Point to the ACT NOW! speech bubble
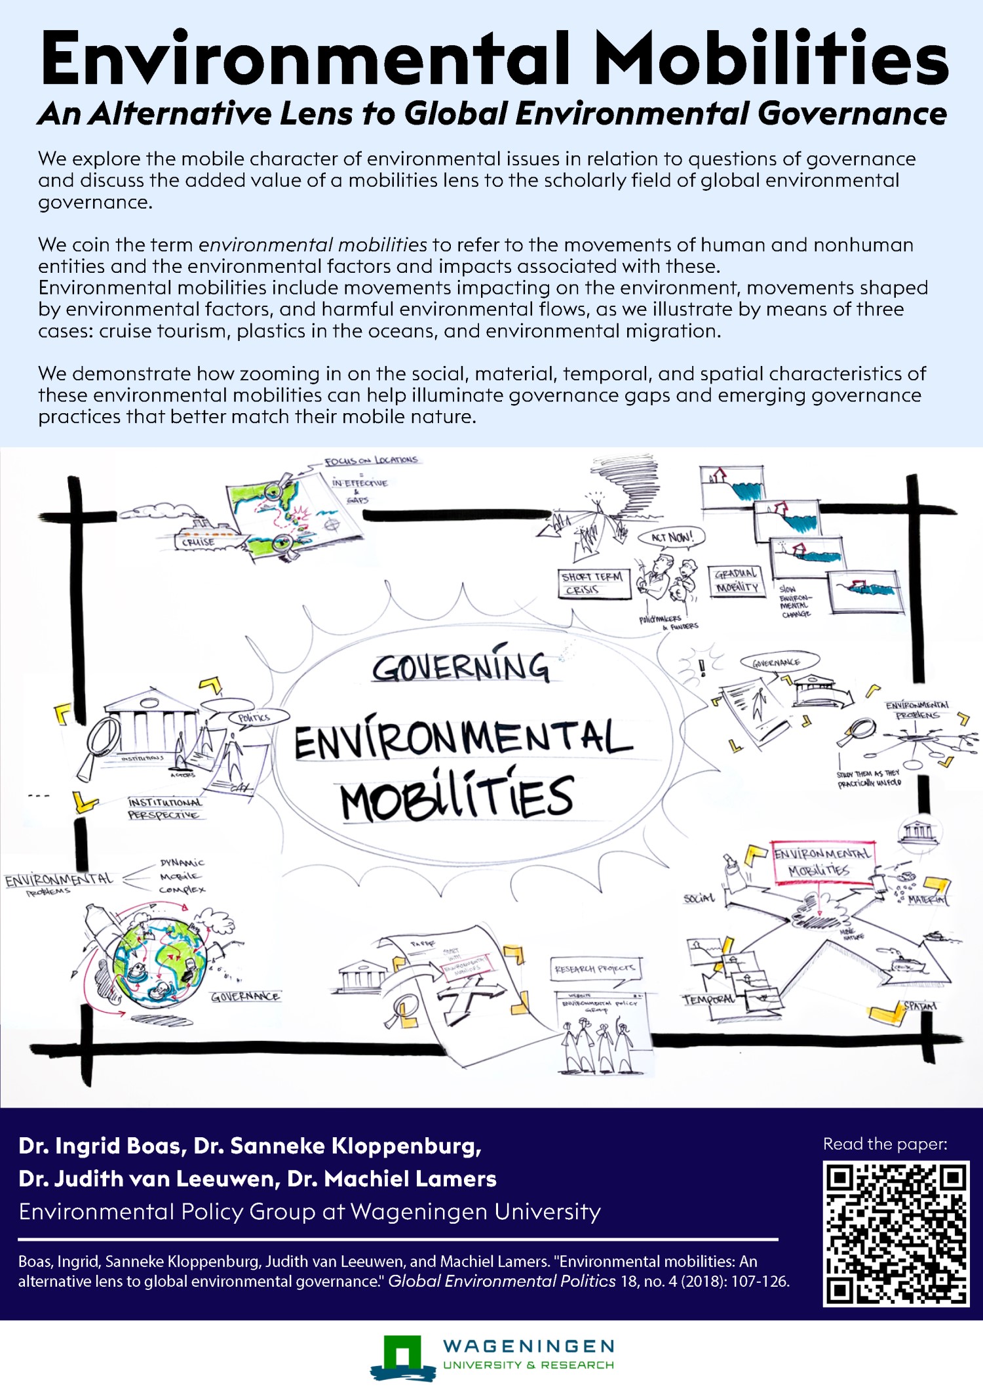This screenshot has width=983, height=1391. (672, 537)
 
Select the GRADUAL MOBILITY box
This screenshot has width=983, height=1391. (737, 581)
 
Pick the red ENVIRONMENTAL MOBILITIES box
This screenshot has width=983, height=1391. (822, 862)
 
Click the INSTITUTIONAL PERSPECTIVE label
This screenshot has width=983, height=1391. (164, 809)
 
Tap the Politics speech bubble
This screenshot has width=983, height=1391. (255, 717)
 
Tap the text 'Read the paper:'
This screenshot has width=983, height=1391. (885, 1144)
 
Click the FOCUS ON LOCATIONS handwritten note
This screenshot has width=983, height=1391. (371, 460)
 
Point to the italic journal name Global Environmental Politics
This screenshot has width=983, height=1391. (501, 1281)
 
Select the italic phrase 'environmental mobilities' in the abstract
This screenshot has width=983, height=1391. (313, 245)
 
